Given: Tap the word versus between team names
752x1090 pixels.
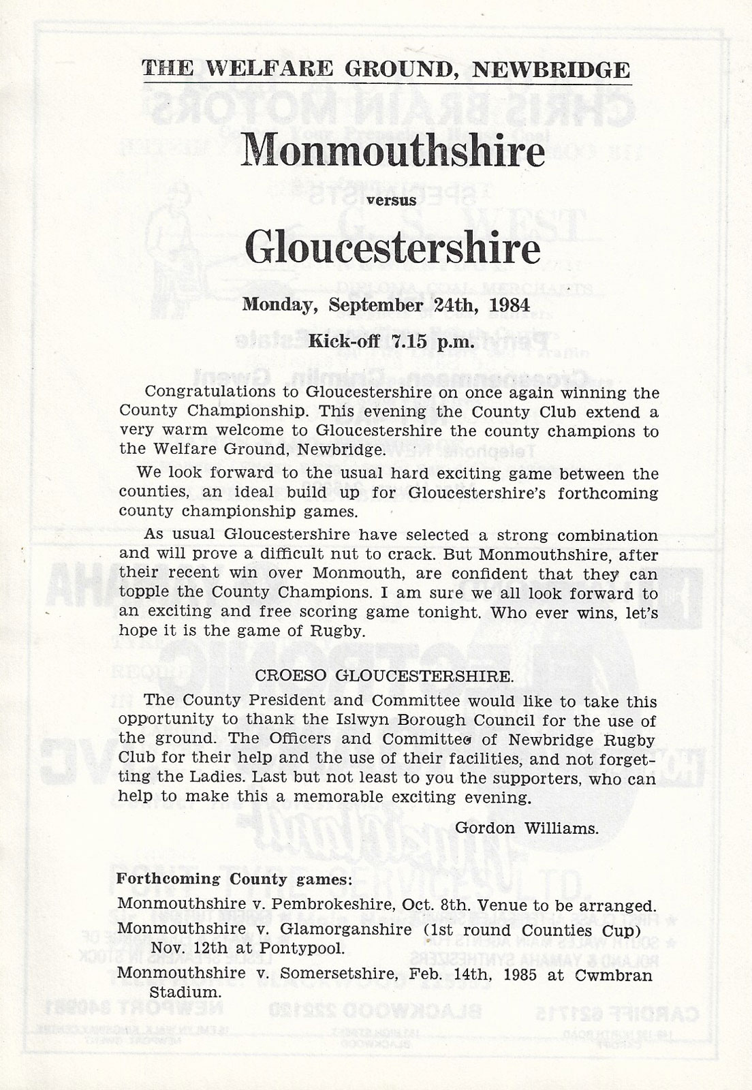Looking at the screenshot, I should tap(392, 200).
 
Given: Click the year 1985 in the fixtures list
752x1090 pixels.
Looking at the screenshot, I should tap(514, 974).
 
